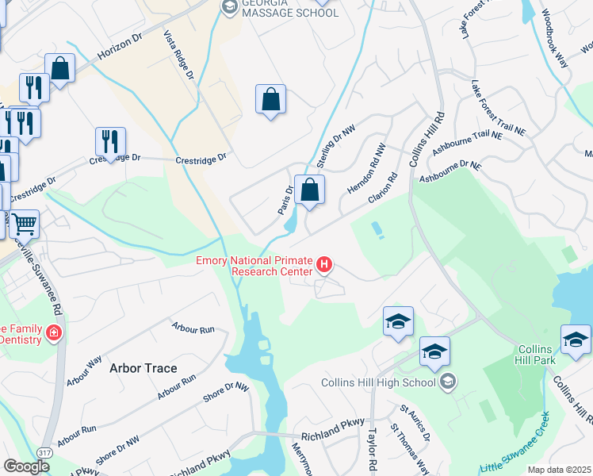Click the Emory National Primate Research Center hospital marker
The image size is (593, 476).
(x=323, y=264)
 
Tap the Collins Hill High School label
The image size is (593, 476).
(x=380, y=383)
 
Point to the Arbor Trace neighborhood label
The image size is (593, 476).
(x=143, y=368)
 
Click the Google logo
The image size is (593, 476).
(x=26, y=466)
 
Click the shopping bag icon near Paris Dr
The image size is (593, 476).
(x=309, y=190)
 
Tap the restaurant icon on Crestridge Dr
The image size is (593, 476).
(x=110, y=142)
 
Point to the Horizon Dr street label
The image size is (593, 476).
(x=120, y=50)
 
